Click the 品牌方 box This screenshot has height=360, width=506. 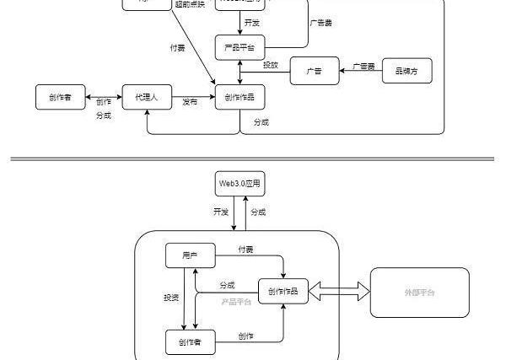[x=407, y=71]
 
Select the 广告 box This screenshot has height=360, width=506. [x=315, y=71]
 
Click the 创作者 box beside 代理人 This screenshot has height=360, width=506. [x=61, y=98]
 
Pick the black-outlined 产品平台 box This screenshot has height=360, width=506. [x=240, y=46]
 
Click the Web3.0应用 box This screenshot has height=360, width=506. [x=240, y=183]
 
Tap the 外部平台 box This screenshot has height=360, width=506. [x=419, y=292]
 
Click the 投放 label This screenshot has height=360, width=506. [x=270, y=65]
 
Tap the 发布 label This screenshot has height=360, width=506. [x=190, y=101]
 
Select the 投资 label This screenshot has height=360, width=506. [x=171, y=298]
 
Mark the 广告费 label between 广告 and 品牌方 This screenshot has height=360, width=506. [x=363, y=66]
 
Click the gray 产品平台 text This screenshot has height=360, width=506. [x=236, y=301]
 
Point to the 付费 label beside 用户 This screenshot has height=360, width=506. [x=245, y=250]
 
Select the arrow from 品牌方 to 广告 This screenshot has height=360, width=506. [x=361, y=72]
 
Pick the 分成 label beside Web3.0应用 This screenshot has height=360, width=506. [x=258, y=212]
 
